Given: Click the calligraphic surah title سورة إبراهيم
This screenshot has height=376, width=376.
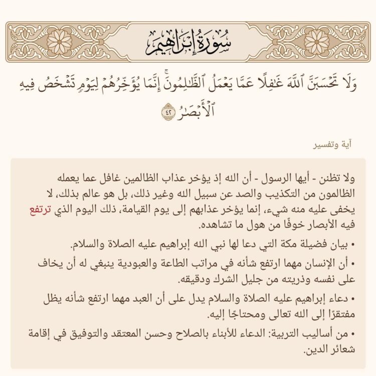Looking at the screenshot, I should click(188, 42).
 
